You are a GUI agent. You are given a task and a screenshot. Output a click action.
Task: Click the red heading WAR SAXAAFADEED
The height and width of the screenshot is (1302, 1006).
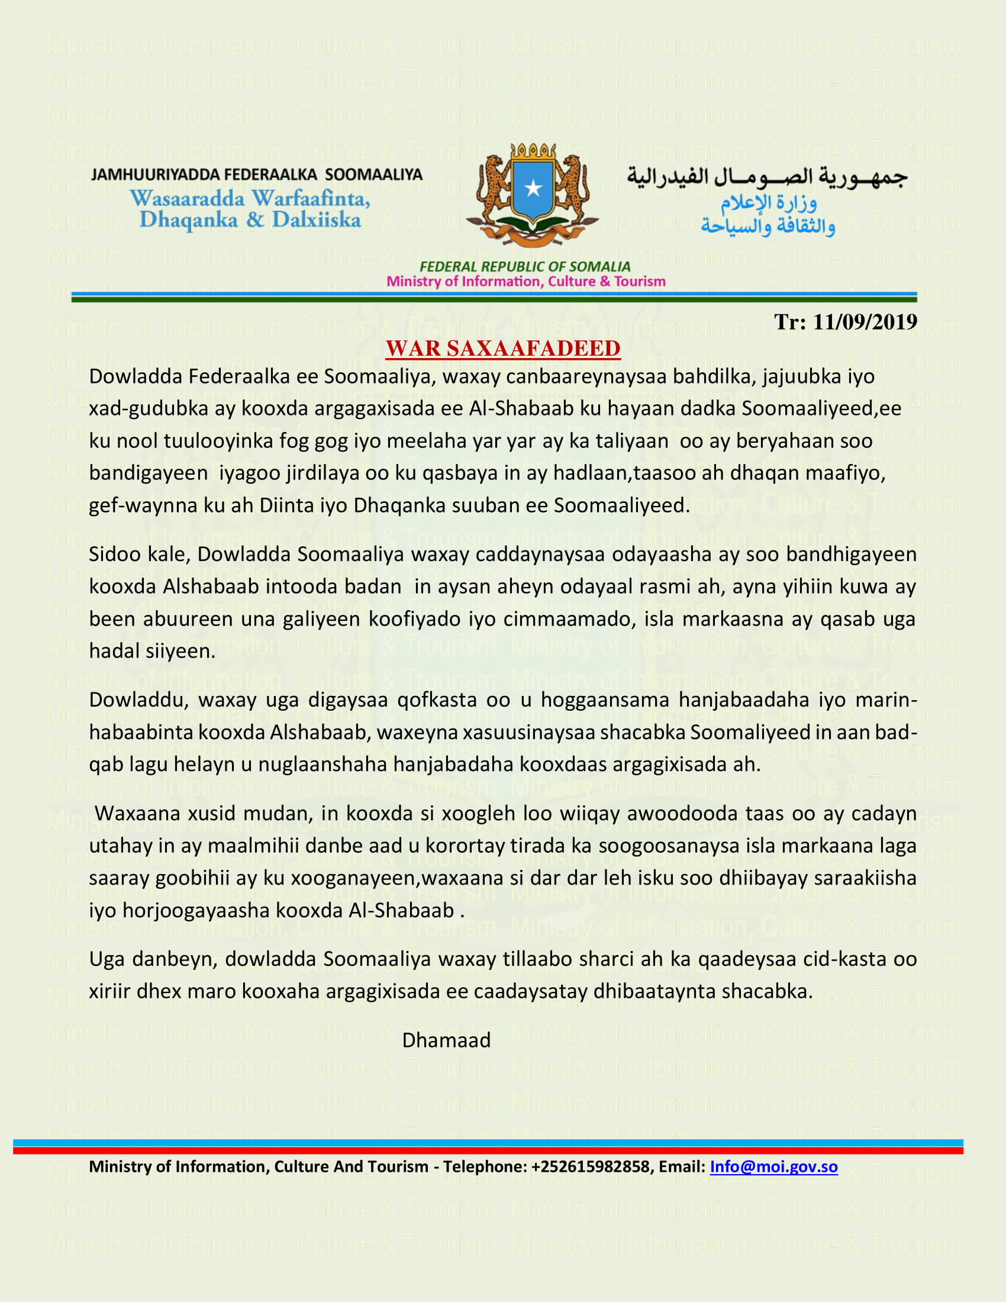502,349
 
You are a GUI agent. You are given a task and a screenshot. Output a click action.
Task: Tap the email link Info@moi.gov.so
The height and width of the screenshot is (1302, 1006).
773,1166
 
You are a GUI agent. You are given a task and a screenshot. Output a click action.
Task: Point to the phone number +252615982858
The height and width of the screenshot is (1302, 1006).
589,1166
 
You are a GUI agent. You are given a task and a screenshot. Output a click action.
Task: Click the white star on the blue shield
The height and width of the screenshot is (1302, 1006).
532,188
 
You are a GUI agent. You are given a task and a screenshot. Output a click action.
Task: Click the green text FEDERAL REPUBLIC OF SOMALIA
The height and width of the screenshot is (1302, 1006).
524,266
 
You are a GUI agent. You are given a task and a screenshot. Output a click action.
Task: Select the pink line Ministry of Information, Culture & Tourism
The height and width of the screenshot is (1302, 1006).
525,281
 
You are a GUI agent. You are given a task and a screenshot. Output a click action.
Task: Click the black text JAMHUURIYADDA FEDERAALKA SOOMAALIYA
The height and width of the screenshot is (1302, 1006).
256,175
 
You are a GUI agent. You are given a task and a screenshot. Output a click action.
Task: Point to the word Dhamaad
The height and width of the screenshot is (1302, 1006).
446,1040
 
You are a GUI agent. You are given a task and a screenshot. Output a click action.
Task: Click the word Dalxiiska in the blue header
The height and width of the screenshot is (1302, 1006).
317,221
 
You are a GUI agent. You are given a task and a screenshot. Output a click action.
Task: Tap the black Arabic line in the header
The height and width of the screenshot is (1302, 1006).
766,177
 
